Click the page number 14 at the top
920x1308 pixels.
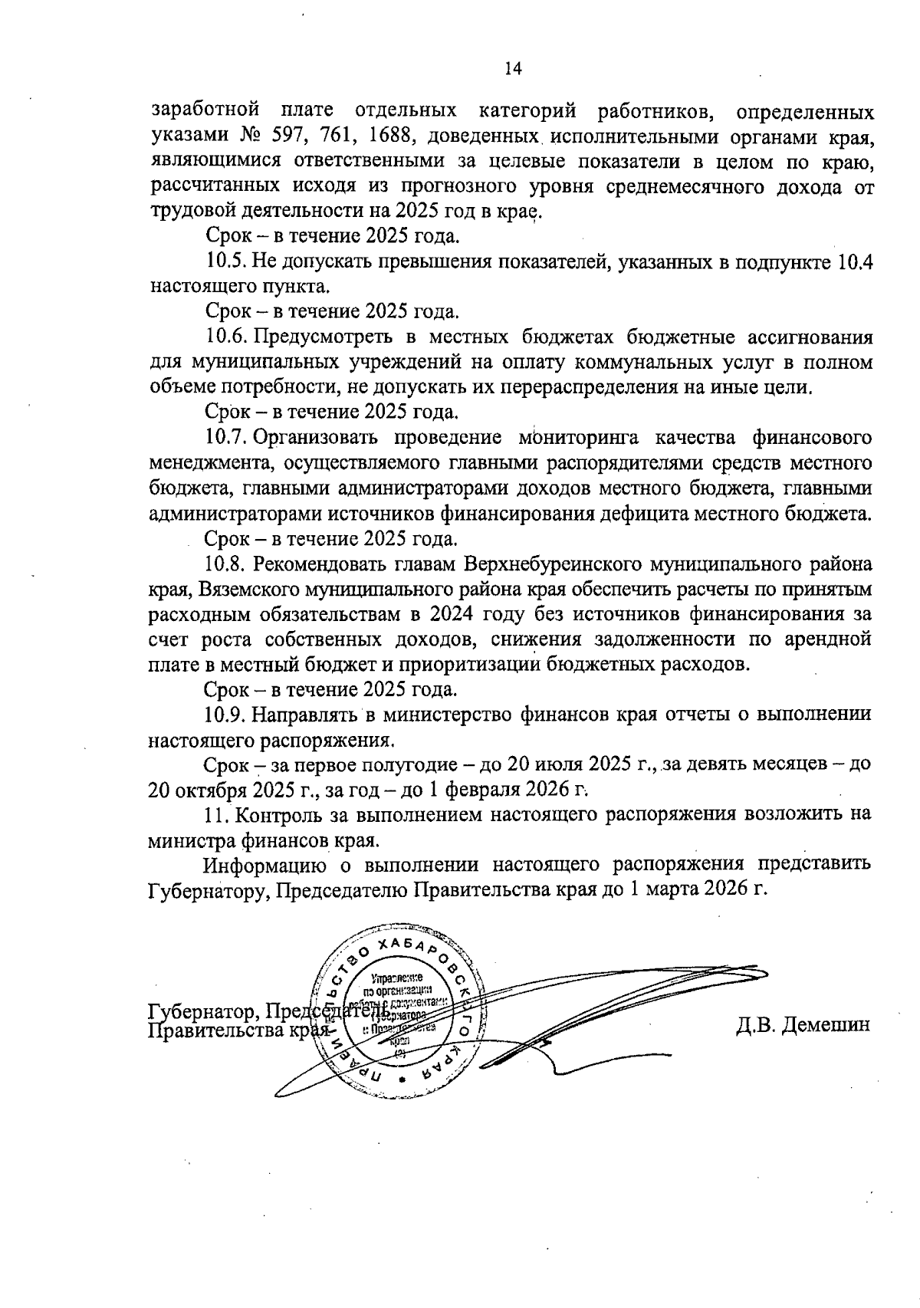513,69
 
